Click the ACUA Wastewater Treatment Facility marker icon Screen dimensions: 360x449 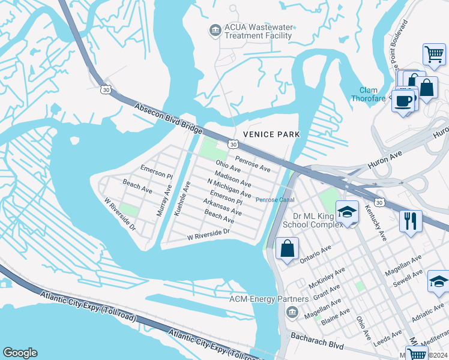tap(214, 29)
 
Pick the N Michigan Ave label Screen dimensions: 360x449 tap(229, 188)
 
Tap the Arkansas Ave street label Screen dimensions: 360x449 tap(222, 208)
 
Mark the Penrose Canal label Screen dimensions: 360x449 tap(274, 200)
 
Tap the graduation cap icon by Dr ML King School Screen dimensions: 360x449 tap(347, 212)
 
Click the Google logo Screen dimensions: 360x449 tap(20, 353)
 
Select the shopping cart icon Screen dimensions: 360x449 tap(434, 55)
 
